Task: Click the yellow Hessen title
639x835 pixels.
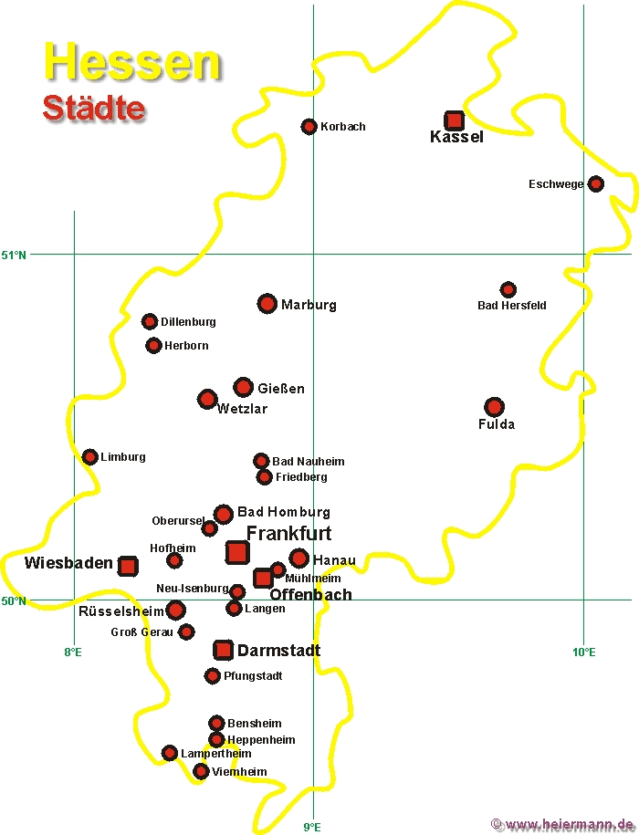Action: (132, 62)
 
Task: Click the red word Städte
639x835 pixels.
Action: (94, 108)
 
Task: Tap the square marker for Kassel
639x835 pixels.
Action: (455, 120)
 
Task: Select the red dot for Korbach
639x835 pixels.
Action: (309, 126)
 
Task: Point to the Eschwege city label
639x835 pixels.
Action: (556, 184)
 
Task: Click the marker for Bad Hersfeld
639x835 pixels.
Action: (508, 289)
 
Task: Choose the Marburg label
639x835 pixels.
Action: (309, 305)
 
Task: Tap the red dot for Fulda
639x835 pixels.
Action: (494, 407)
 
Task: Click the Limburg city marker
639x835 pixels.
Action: (90, 456)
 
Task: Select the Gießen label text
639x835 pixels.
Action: (281, 388)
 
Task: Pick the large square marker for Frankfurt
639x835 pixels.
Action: (237, 552)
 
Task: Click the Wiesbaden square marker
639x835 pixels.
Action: (128, 566)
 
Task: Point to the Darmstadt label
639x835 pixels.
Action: (278, 651)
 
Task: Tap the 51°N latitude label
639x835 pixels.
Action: (14, 256)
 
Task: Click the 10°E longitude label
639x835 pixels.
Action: (584, 652)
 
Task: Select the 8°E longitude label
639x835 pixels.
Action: (73, 652)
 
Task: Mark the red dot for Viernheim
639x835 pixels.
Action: (200, 770)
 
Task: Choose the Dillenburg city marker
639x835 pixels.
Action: (150, 321)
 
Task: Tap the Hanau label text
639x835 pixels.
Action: (334, 560)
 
